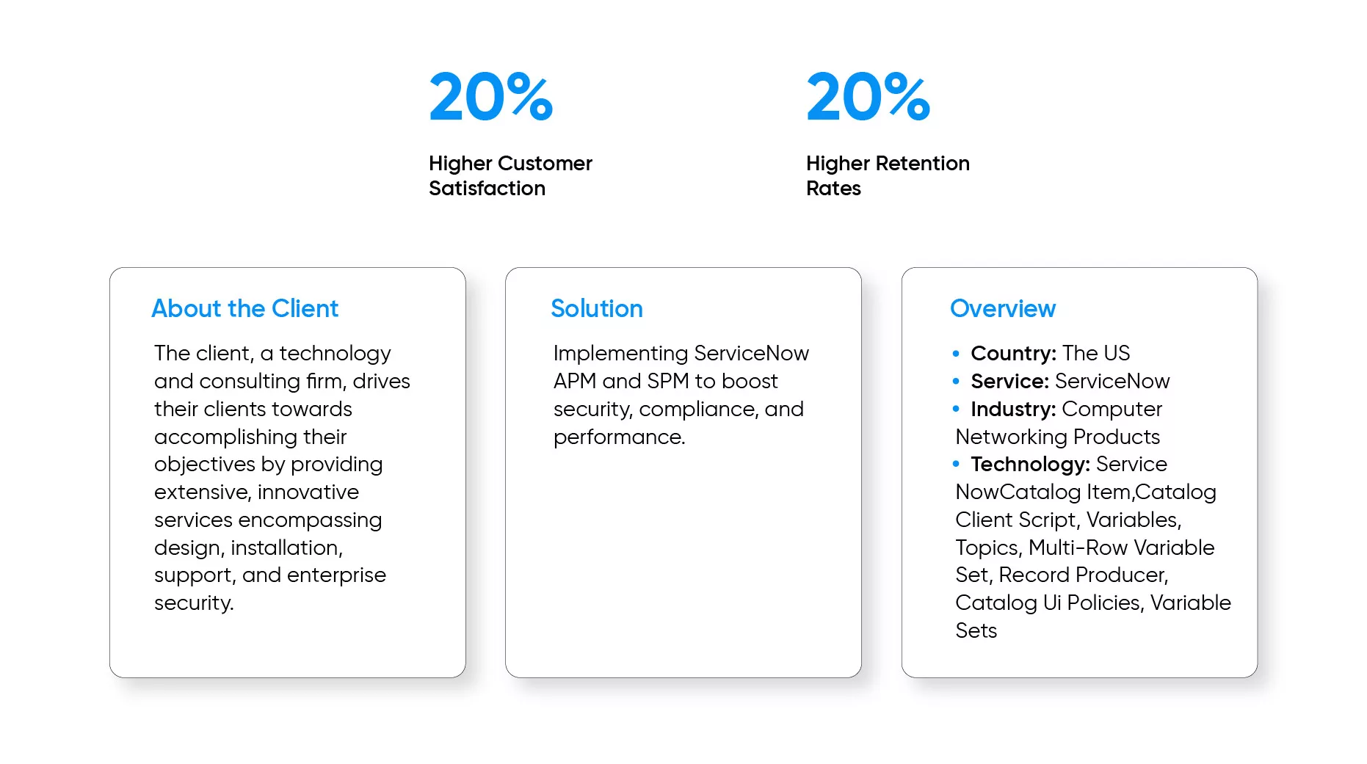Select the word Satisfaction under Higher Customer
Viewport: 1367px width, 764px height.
[x=487, y=189]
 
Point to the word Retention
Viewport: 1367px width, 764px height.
[x=923, y=163]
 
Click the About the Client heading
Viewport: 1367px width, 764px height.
[x=244, y=308]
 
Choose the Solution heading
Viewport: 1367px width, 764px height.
[x=597, y=308]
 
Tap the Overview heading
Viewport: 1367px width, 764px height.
[x=1003, y=308]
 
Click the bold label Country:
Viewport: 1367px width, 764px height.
[x=1013, y=353]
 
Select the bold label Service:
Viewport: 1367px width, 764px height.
[x=1009, y=381]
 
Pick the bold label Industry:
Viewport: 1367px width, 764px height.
[x=1013, y=409]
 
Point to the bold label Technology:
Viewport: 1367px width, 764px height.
[x=1030, y=465]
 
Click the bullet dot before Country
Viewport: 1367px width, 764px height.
[x=956, y=354]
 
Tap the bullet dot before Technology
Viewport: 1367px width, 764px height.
[x=956, y=464]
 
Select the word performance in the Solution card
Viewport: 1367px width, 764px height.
[x=619, y=437]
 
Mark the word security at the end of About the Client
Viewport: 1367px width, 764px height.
[x=194, y=603]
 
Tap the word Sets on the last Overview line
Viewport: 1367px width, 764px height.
[x=976, y=630]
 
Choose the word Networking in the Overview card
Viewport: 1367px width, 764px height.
[x=1012, y=437]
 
